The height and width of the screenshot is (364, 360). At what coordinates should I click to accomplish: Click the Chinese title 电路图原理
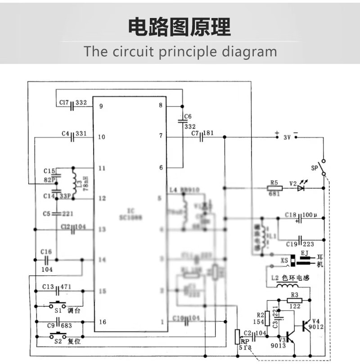tap(180, 27)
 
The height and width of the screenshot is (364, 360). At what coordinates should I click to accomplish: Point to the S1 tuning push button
tap(58, 304)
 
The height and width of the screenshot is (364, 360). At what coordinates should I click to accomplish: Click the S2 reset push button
tap(58, 335)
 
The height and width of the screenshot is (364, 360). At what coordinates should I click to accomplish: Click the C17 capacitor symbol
tap(72, 103)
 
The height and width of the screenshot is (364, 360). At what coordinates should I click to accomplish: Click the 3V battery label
tap(287, 138)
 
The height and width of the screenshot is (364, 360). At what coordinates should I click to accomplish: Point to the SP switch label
tap(315, 168)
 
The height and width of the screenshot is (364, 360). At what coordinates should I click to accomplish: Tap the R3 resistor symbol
tap(294, 301)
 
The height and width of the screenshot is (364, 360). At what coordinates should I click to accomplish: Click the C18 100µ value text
tap(310, 215)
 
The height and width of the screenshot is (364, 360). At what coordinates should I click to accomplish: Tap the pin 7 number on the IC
tap(160, 135)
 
